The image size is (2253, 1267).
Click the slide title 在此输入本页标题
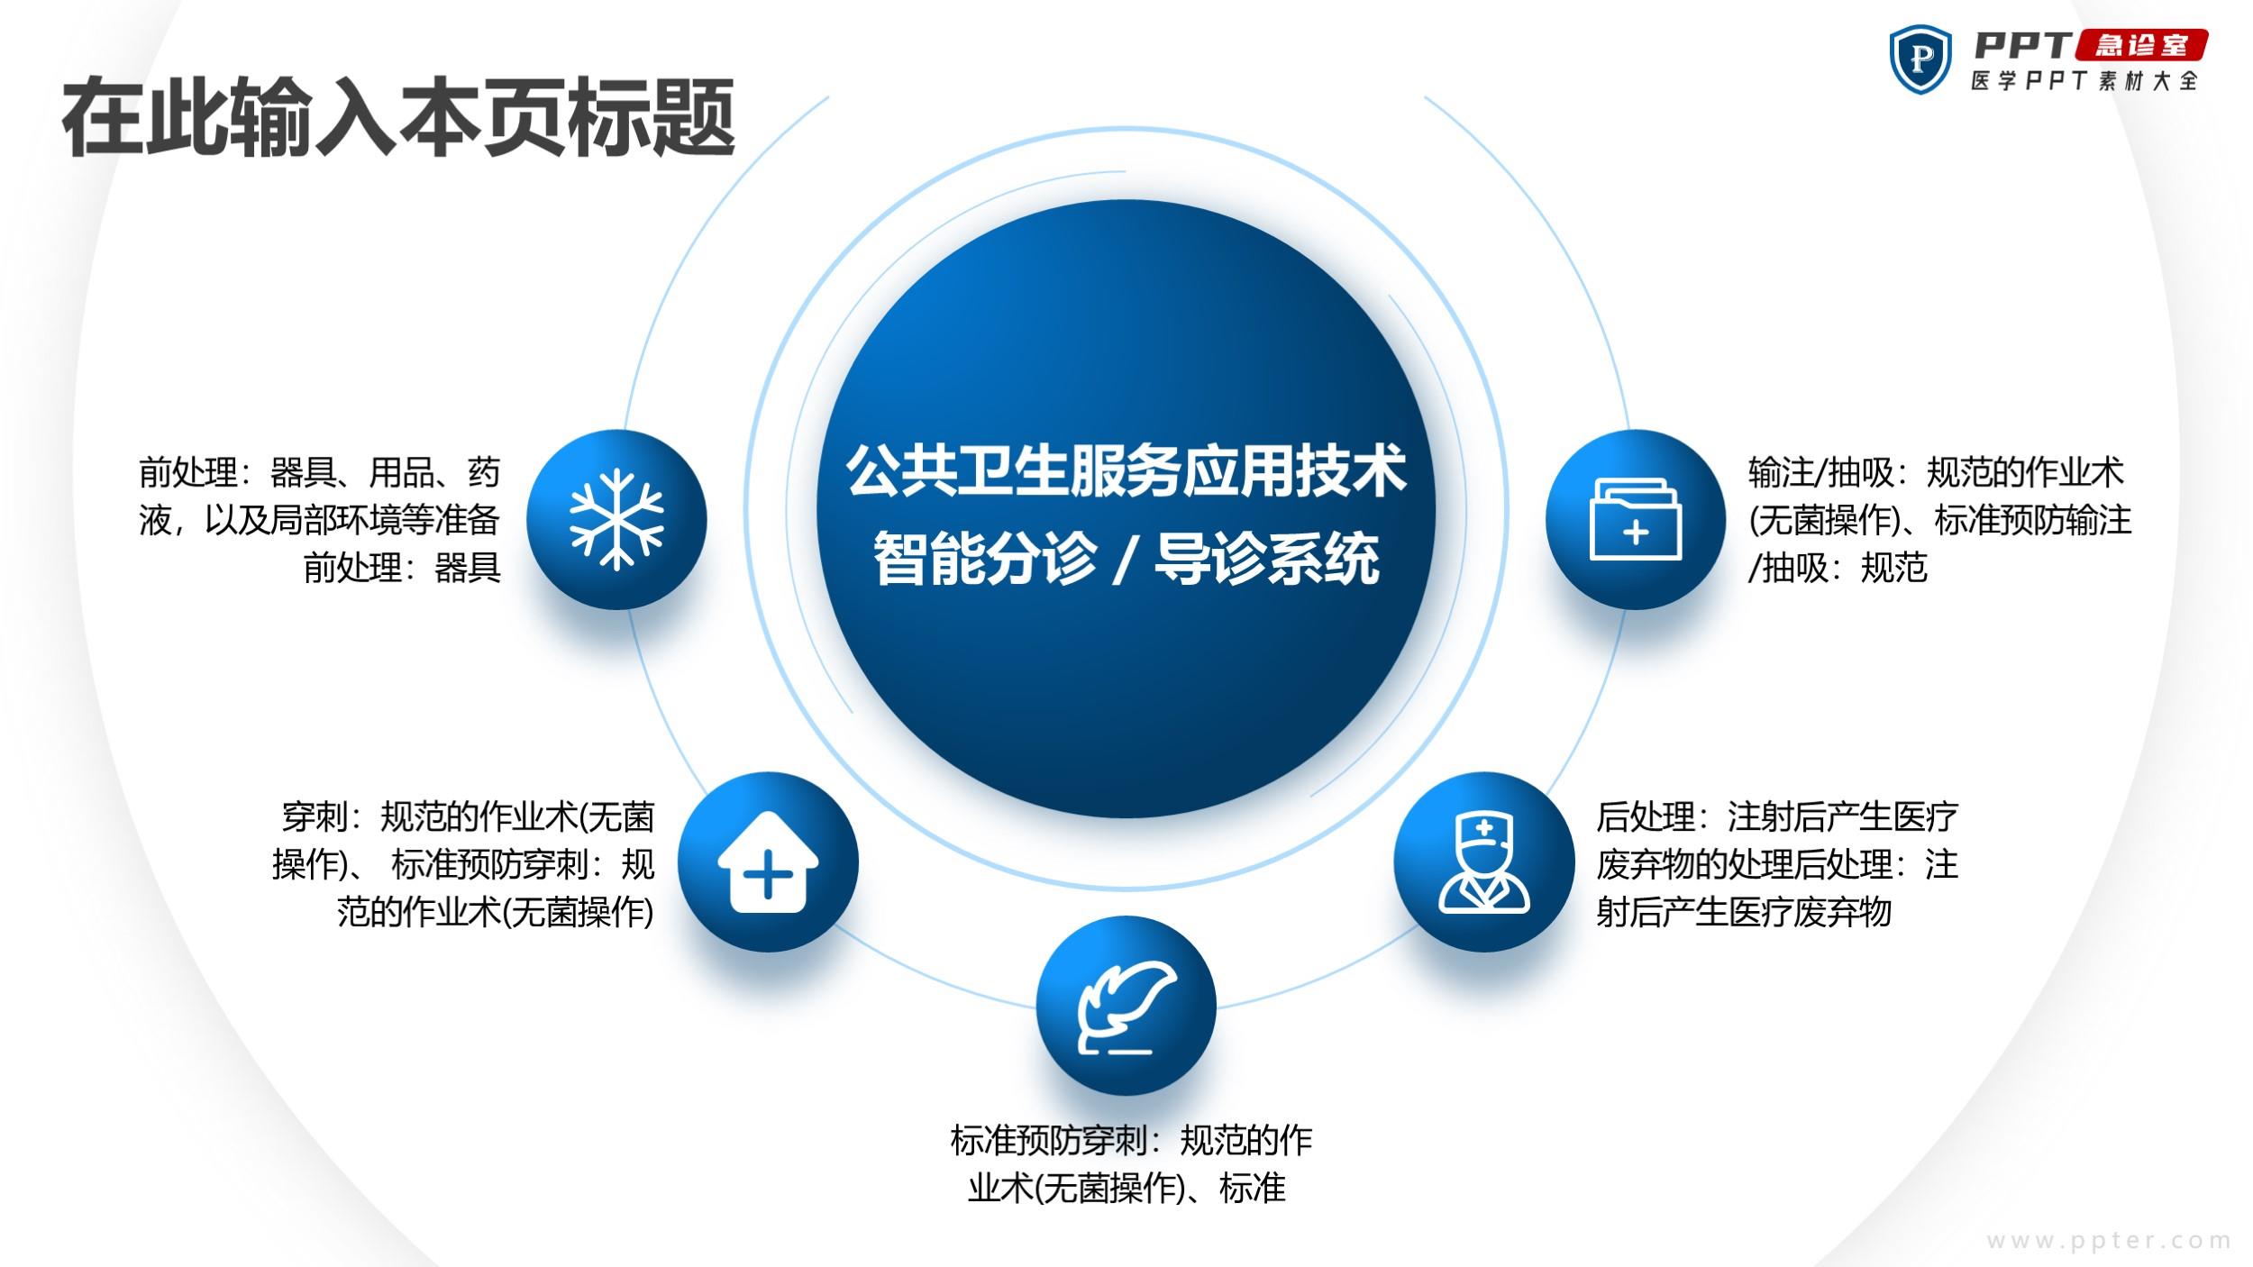(x=398, y=118)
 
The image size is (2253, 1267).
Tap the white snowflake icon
(x=616, y=519)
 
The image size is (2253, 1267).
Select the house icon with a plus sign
(x=768, y=862)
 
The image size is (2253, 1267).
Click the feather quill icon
(x=1127, y=1007)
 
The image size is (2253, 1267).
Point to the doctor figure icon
(x=1483, y=862)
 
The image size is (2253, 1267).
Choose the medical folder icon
(x=1636, y=519)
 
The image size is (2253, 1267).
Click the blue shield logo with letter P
(x=1920, y=59)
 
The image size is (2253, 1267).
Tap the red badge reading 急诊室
(x=2141, y=45)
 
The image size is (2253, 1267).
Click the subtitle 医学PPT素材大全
(x=2084, y=81)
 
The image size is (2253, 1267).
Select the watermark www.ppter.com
(x=2109, y=1241)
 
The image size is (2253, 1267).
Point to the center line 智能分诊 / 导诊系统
(x=1126, y=559)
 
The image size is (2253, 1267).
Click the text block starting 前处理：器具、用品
(x=320, y=520)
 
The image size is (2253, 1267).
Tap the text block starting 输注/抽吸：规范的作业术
(x=1939, y=520)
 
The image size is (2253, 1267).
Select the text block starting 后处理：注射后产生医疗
(x=1777, y=864)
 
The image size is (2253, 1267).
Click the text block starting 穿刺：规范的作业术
(x=463, y=864)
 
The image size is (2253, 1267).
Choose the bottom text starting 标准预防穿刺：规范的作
(x=1131, y=1164)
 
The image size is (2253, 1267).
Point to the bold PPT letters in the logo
(x=2023, y=45)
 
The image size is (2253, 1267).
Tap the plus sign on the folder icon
(x=1636, y=533)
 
